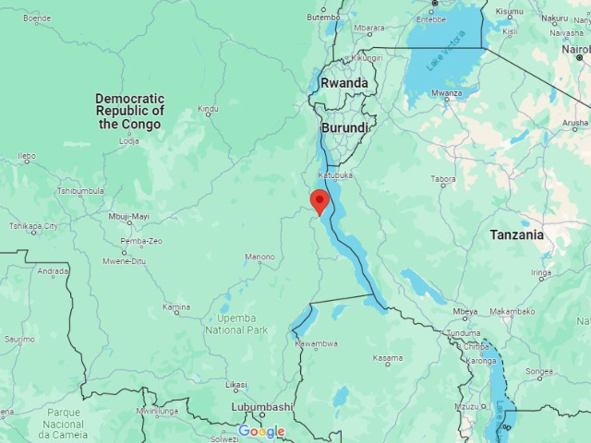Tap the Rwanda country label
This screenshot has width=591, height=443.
(344, 83)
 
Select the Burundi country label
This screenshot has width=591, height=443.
(344, 127)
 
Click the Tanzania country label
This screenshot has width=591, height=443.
(517, 234)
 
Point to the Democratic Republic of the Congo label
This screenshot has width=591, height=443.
(130, 111)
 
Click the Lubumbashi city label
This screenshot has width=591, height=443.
(262, 406)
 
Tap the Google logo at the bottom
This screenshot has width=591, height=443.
(261, 431)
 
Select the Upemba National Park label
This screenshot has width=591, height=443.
(236, 324)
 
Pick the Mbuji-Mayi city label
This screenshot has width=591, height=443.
(128, 217)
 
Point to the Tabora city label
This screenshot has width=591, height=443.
(443, 179)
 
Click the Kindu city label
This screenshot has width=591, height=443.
(209, 109)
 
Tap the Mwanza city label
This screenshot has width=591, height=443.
(446, 93)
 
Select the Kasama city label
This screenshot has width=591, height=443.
(388, 358)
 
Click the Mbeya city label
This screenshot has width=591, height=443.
(465, 312)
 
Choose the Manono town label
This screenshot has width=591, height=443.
(259, 257)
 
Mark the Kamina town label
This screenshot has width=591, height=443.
(176, 306)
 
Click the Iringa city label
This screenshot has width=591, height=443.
(541, 272)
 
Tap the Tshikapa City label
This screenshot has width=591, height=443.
(33, 226)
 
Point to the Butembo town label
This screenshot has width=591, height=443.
(323, 17)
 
